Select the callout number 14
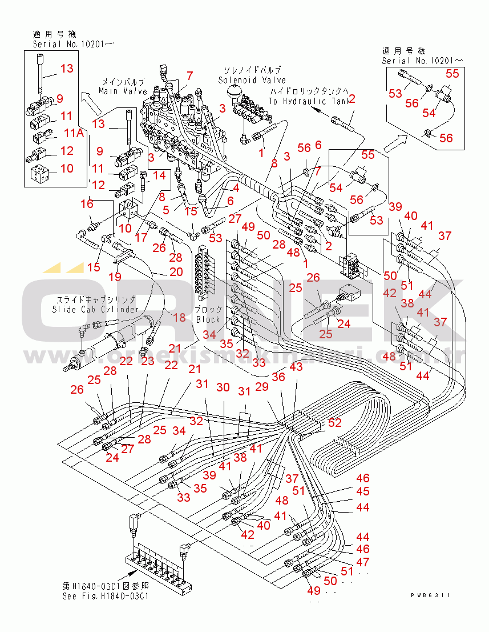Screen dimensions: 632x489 point(159,175)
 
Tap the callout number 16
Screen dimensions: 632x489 point(87,204)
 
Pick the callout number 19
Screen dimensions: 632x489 point(115,277)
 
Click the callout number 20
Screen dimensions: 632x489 point(176,272)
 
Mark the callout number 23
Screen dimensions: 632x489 point(147,361)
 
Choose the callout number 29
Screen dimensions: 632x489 point(262,387)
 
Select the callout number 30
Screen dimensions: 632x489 point(223,387)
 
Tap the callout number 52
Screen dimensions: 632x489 point(335,423)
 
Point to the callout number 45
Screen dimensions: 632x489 point(363,491)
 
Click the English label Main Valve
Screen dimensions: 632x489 point(123,91)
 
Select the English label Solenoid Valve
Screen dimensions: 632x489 point(252,81)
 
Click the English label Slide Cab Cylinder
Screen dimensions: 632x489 point(95,309)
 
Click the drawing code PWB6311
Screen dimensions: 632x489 point(431,595)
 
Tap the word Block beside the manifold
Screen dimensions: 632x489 point(208,319)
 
